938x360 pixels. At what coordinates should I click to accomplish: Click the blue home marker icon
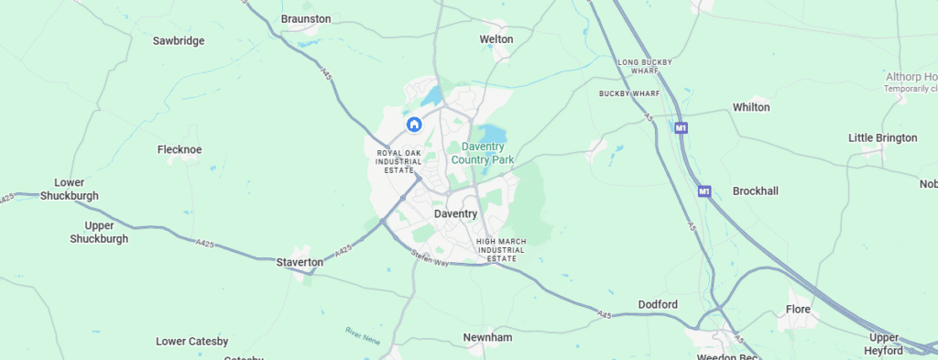click(414, 124)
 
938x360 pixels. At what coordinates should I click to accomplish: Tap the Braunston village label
click(306, 18)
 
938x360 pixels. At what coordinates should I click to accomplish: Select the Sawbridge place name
click(179, 41)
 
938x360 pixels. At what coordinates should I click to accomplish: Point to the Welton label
click(496, 39)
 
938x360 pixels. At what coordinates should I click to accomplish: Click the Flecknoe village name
click(180, 149)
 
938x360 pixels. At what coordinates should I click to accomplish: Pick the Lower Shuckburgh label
click(70, 189)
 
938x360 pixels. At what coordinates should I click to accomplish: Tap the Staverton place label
click(300, 262)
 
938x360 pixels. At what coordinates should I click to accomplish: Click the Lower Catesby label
click(192, 342)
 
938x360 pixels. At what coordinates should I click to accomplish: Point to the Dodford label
click(658, 304)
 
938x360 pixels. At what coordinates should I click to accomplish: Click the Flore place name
click(799, 310)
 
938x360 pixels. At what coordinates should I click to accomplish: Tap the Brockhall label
click(755, 191)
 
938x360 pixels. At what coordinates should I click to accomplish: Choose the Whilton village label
click(751, 107)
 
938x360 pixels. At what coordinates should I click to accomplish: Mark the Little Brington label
click(882, 138)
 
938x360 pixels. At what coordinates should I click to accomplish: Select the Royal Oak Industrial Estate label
click(398, 161)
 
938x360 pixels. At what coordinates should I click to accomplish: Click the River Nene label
click(363, 334)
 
